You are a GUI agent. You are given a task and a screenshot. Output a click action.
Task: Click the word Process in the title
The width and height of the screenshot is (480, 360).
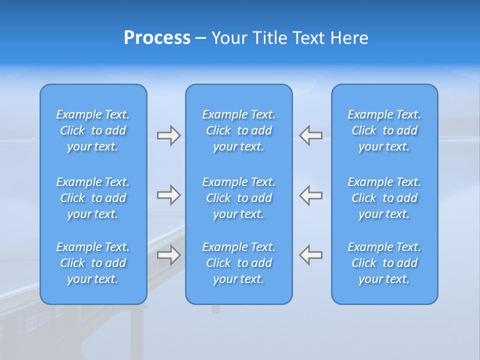157,38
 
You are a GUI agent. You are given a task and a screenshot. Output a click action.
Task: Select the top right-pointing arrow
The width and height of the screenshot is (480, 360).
169,135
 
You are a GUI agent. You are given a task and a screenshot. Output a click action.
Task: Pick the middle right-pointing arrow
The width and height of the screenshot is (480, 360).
169,195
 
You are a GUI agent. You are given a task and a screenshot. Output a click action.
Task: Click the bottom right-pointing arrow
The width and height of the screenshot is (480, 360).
169,255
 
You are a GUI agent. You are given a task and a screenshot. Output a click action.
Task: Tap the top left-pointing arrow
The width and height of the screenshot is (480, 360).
310,135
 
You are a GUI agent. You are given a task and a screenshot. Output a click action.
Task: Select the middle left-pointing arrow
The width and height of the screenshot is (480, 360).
310,195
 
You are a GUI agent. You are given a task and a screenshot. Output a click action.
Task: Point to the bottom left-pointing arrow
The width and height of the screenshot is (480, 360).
310,255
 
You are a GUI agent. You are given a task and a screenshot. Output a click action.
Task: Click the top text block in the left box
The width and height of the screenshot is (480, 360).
93,130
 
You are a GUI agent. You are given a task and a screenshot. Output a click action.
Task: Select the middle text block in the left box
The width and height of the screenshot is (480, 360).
93,198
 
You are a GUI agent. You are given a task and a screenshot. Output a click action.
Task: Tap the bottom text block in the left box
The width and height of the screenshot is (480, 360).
93,263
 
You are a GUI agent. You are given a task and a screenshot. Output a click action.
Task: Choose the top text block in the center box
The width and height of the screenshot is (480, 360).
239,130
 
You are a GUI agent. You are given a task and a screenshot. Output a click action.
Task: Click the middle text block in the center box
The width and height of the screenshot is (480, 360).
239,198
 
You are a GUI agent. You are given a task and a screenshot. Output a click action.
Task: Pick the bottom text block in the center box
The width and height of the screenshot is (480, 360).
239,263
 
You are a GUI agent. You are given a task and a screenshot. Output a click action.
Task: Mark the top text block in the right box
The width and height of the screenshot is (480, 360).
384,130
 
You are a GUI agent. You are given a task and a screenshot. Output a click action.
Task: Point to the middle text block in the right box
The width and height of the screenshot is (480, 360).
384,198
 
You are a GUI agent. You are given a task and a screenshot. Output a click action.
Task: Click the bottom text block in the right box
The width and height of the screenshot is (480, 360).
384,263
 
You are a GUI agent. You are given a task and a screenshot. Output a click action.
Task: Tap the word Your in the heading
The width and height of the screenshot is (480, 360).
228,38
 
